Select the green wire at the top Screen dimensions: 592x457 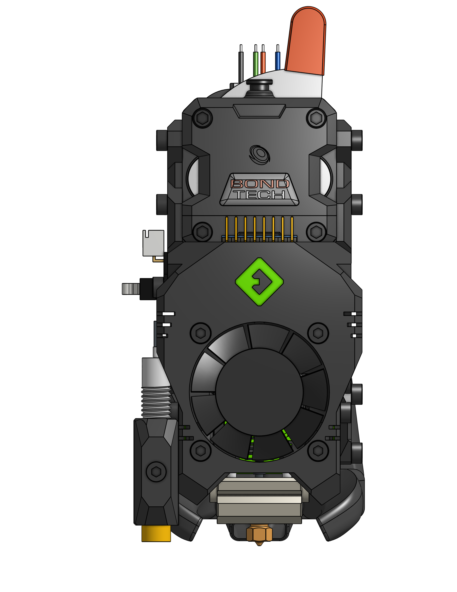pyautogui.click(x=256, y=64)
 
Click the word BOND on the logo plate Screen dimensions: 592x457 pyautogui.click(x=259, y=184)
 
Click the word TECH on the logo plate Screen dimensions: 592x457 pyautogui.click(x=259, y=195)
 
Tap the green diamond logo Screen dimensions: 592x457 pyautogui.click(x=259, y=282)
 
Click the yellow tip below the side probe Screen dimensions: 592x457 pyautogui.click(x=156, y=533)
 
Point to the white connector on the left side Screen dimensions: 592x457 pyautogui.click(x=153, y=243)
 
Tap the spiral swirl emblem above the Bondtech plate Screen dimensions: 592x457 pyautogui.click(x=260, y=154)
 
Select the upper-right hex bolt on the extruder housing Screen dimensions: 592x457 pyautogui.click(x=316, y=118)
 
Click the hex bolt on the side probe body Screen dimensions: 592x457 pyautogui.click(x=156, y=472)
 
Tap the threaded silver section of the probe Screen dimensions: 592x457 pyautogui.click(x=156, y=402)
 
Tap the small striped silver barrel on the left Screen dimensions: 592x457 pyautogui.click(x=131, y=289)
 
